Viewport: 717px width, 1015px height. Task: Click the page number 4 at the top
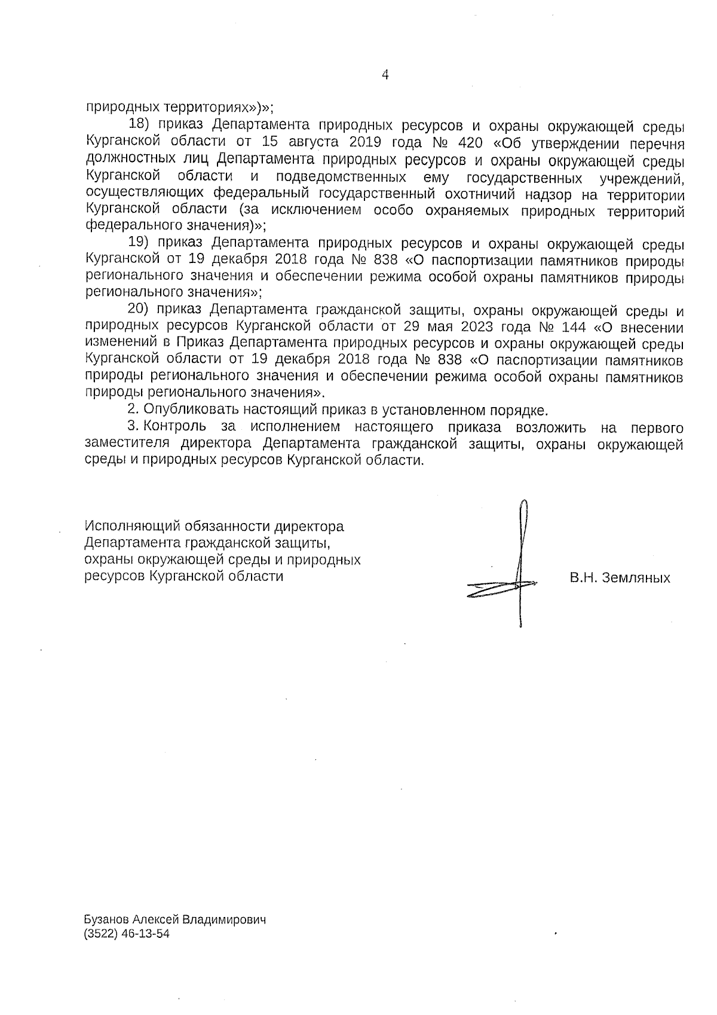[385, 75]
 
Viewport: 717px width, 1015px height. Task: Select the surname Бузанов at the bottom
[106, 920]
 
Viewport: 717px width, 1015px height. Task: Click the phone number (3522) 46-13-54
[127, 934]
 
